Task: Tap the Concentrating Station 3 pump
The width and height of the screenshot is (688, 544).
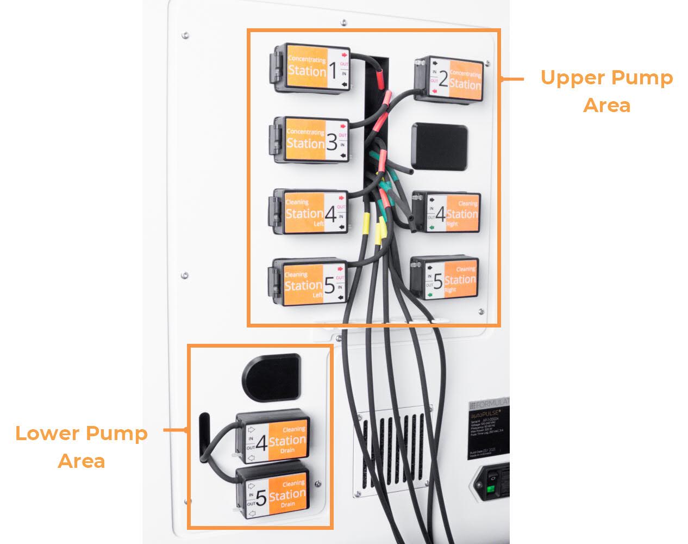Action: tap(309, 141)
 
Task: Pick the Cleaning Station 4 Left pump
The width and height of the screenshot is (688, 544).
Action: tap(308, 212)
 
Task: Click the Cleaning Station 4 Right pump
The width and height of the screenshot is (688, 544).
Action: tap(446, 212)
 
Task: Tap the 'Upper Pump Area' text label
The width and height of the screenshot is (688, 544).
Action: tap(606, 91)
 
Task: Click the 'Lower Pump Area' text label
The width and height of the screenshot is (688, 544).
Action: tap(82, 447)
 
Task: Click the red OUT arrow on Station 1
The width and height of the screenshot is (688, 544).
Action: tap(343, 55)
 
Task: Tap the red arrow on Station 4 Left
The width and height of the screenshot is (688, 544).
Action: tap(342, 198)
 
